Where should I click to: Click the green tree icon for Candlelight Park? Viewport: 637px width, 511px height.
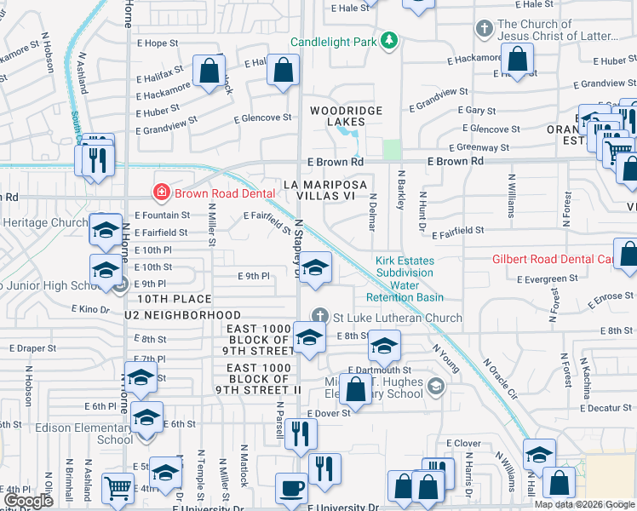coord(389,41)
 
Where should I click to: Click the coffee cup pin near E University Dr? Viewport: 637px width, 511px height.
coord(292,489)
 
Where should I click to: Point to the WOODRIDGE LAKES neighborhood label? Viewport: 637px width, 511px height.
coord(346,117)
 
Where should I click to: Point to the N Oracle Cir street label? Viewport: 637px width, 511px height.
coord(500,382)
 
